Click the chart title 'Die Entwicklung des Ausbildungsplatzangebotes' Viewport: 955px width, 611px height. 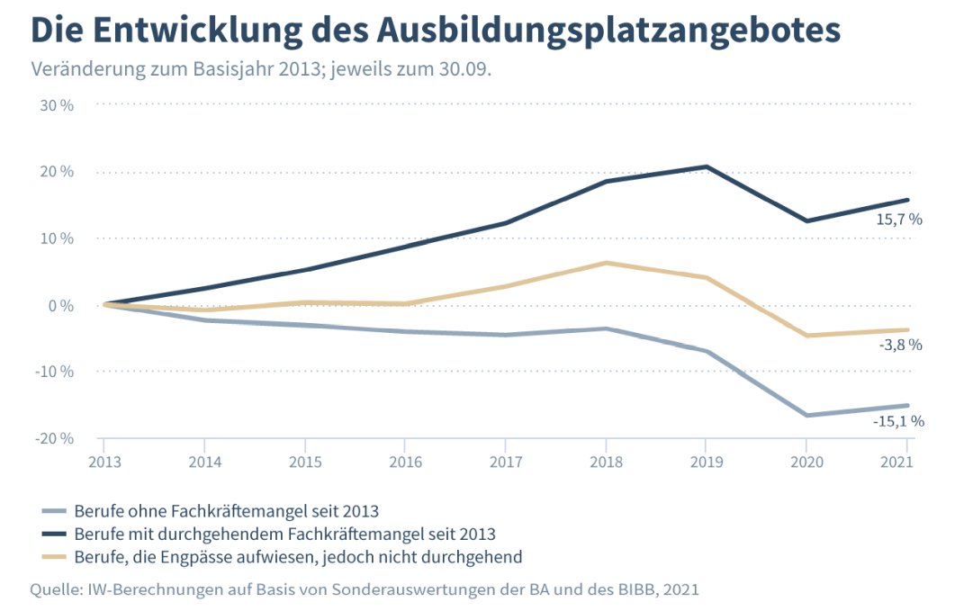[436, 31]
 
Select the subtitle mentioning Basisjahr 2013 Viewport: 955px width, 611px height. [261, 70]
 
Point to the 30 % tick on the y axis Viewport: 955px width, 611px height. [56, 105]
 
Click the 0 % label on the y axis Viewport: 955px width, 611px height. [59, 305]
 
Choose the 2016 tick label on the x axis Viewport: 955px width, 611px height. [405, 463]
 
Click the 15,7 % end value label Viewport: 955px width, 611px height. [899, 219]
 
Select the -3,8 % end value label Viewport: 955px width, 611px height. [899, 345]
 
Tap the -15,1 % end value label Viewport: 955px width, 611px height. [897, 420]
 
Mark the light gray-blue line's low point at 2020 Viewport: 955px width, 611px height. [807, 416]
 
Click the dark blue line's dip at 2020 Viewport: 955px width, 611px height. [807, 220]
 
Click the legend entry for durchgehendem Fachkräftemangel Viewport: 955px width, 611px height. [284, 534]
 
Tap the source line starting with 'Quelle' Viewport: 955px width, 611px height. [365, 589]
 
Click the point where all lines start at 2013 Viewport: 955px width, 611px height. [104, 305]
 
